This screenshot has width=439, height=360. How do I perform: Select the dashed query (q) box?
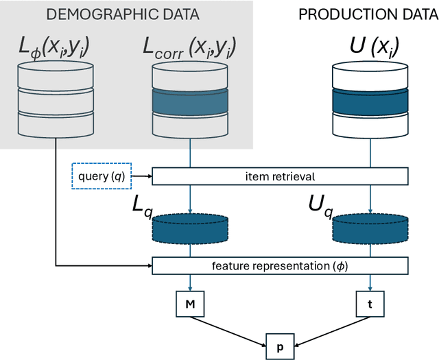point(99,176)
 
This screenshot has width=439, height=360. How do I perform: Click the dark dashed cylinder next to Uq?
point(370,228)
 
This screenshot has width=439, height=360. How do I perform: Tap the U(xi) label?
point(370,48)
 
